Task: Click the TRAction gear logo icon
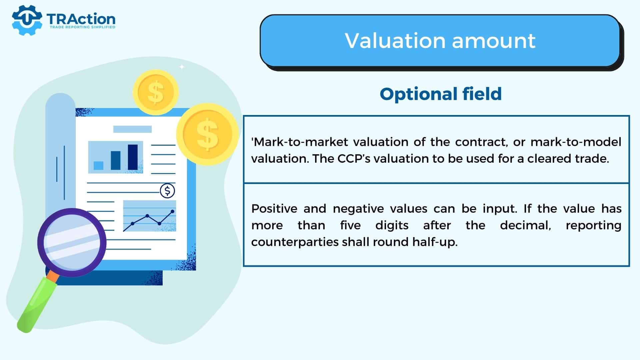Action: [27, 20]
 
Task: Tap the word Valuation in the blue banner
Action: [395, 41]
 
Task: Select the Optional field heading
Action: [441, 94]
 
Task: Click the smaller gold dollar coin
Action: [156, 92]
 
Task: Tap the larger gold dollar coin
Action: [208, 134]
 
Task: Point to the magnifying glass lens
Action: [72, 243]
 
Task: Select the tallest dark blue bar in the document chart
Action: [133, 157]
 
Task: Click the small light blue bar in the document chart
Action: [98, 166]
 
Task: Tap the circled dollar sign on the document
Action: [167, 191]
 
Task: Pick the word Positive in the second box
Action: [274, 209]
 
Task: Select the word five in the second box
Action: [350, 225]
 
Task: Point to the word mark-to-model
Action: [576, 142]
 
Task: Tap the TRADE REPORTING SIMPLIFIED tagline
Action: [82, 27]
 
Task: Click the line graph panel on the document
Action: [150, 216]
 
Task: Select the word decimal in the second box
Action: [525, 225]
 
